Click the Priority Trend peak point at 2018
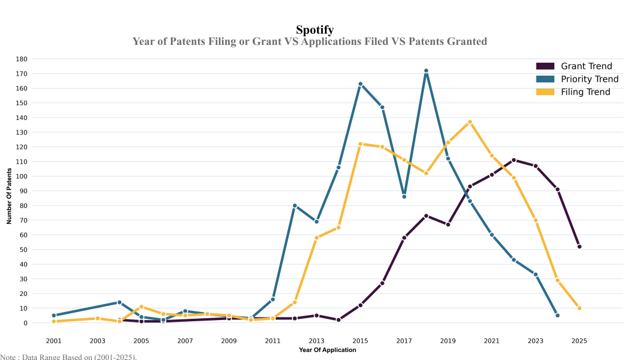pyautogui.click(x=426, y=71)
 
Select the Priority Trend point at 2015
pyautogui.click(x=361, y=84)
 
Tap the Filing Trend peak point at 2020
pyautogui.click(x=470, y=122)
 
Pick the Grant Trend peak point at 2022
pyautogui.click(x=514, y=160)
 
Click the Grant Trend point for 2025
pyautogui.click(x=580, y=247)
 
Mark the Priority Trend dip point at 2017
pyautogui.click(x=404, y=196)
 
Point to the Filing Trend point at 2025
pyautogui.click(x=580, y=308)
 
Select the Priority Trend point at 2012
pyautogui.click(x=295, y=206)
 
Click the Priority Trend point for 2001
pyautogui.click(x=54, y=316)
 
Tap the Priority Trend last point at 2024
pyautogui.click(x=557, y=316)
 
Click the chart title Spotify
pyautogui.click(x=315, y=30)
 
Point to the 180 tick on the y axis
pyautogui.click(x=22, y=59)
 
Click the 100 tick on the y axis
pyautogui.click(x=22, y=176)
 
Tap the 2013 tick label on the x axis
pyautogui.click(x=317, y=340)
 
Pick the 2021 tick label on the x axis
pyautogui.click(x=492, y=340)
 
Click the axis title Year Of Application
pyautogui.click(x=327, y=350)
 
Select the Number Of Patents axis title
pyautogui.click(x=9, y=191)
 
